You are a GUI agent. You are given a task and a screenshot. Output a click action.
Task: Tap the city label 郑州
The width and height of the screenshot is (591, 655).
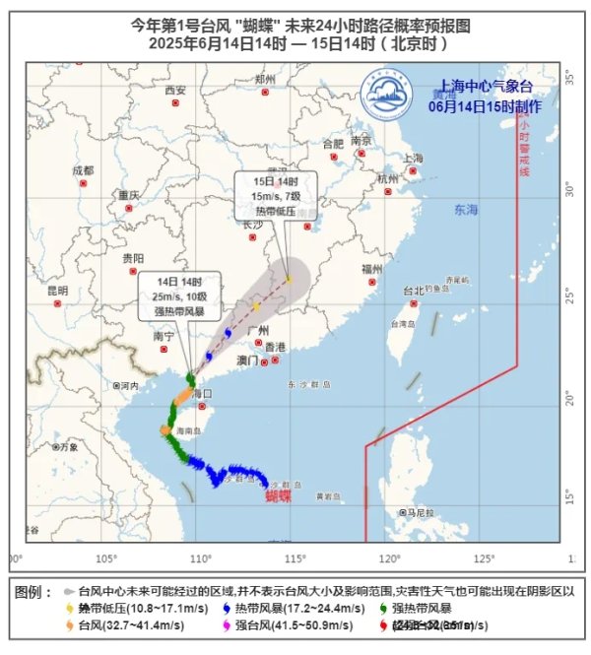click(x=264, y=79)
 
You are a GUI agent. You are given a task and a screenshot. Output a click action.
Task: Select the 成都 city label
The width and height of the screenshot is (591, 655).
click(x=82, y=170)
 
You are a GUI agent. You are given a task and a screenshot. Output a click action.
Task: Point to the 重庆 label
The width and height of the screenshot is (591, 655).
click(x=129, y=195)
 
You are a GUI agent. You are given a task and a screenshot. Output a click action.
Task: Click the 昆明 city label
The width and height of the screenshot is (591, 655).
click(x=57, y=291)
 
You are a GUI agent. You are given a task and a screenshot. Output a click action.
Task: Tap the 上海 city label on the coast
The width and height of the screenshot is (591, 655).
click(x=413, y=158)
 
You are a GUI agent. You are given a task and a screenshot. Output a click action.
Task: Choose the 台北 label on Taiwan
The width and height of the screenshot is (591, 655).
click(x=415, y=292)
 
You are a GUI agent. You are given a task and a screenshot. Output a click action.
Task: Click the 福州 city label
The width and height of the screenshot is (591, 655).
click(x=371, y=268)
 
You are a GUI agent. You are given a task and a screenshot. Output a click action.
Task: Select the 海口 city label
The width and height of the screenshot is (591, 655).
click(x=201, y=393)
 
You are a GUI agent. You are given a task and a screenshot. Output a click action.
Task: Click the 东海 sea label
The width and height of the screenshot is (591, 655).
click(x=465, y=210)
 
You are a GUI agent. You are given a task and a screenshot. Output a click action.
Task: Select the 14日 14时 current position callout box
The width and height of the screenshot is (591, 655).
click(x=178, y=293)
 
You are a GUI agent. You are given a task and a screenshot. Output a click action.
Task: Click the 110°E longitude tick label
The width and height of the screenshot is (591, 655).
click(x=202, y=558)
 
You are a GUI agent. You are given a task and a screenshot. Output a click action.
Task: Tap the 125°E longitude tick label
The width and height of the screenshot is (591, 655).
click(x=484, y=558)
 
